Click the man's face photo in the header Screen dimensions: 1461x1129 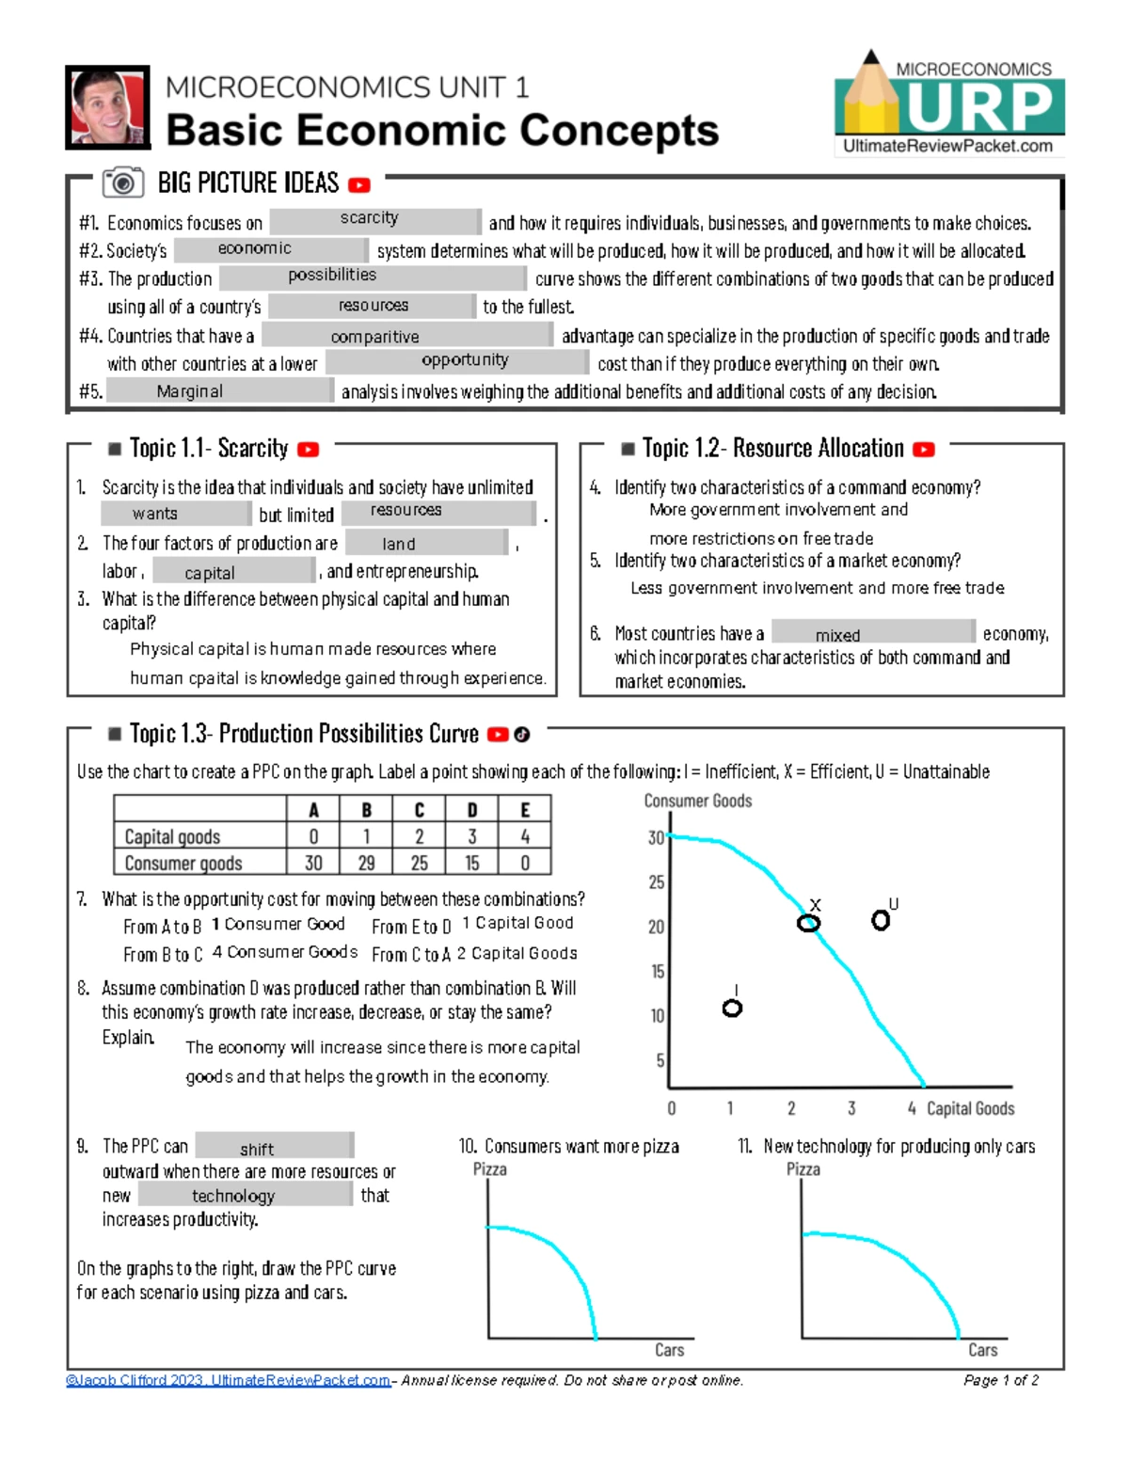[107, 107]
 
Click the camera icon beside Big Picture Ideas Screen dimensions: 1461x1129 [122, 183]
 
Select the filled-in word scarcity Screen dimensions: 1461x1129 [370, 218]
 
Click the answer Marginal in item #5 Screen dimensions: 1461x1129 [190, 391]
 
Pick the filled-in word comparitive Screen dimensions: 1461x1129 [374, 337]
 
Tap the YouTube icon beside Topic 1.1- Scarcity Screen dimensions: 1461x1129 [308, 451]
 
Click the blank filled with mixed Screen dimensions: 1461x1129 [838, 635]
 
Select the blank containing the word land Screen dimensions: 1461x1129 [399, 544]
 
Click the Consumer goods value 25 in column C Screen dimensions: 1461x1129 [420, 863]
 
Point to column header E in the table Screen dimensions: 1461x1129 [525, 810]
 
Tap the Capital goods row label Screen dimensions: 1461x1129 [172, 836]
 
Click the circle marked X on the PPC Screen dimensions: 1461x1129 [808, 923]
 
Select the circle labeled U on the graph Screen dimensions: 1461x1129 [881, 920]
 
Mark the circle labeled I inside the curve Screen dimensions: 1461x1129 [732, 1008]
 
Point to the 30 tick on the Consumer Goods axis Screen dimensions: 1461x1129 [656, 837]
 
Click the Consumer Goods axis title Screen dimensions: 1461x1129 [697, 801]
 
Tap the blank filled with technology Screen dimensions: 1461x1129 [233, 1196]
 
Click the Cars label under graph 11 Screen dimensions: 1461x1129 [982, 1350]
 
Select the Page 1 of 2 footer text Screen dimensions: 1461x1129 [1001, 1380]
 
